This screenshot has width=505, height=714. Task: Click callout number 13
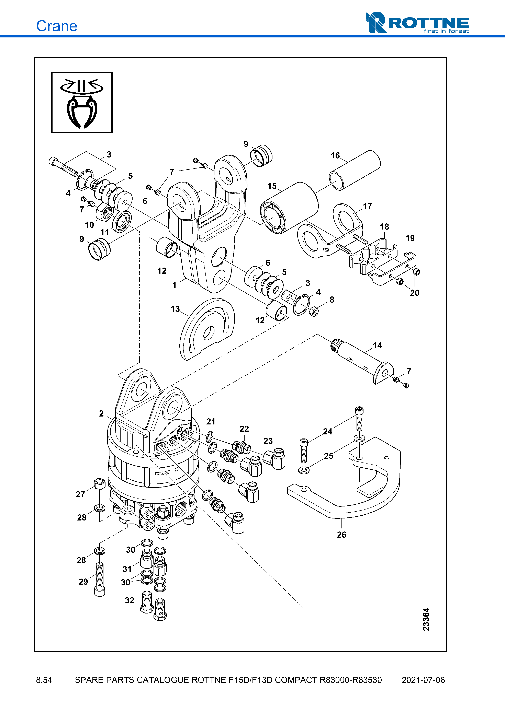pyautogui.click(x=175, y=309)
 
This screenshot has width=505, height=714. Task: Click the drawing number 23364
pyautogui.click(x=426, y=619)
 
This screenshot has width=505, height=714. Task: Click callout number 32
pyautogui.click(x=130, y=600)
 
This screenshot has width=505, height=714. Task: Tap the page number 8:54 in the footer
pyautogui.click(x=44, y=680)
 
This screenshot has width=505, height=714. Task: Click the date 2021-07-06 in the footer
pyautogui.click(x=423, y=680)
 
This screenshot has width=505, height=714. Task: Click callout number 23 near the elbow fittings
pyautogui.click(x=268, y=441)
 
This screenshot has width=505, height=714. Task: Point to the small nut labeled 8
pyautogui.click(x=314, y=311)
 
